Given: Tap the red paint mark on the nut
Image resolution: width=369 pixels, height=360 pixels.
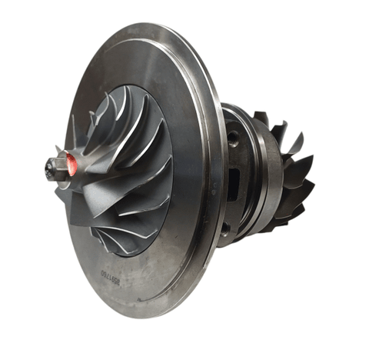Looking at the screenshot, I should [70, 162].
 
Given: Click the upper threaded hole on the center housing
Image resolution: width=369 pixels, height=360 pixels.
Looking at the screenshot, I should [231, 138].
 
